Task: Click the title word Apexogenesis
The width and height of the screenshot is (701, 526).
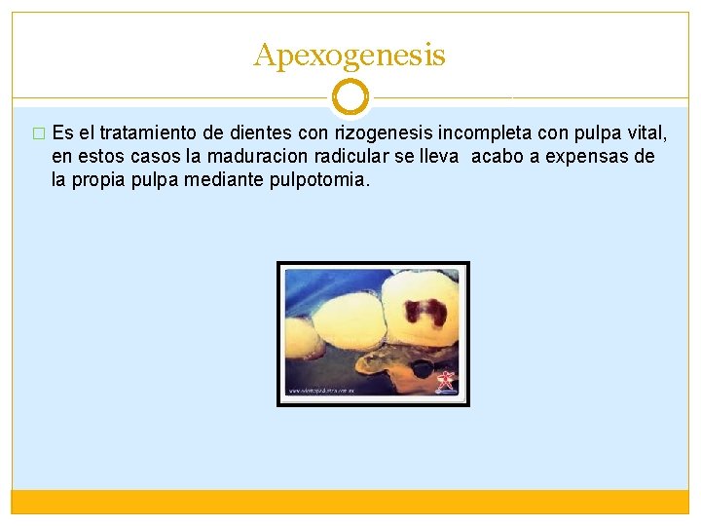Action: (350, 56)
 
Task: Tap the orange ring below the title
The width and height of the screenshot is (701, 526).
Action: (350, 97)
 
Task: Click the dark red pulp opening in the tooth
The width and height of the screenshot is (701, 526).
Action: (424, 310)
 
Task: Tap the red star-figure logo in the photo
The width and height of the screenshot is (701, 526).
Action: (446, 379)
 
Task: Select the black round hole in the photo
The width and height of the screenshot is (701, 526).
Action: (424, 369)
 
